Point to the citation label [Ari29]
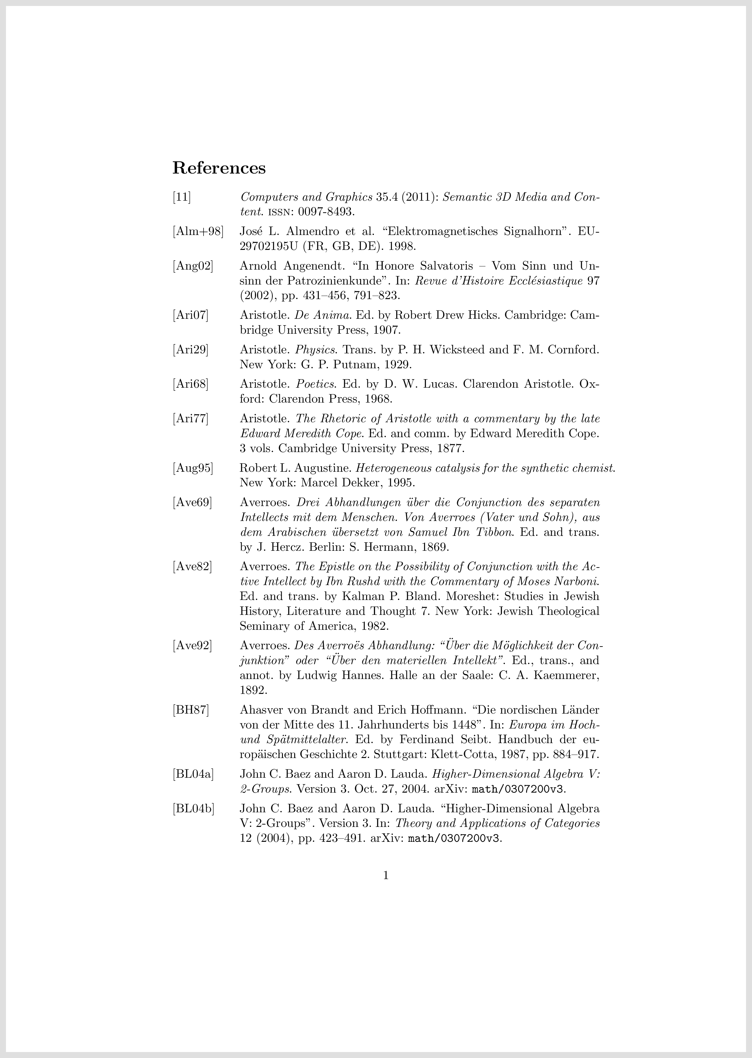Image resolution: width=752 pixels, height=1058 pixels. click(190, 350)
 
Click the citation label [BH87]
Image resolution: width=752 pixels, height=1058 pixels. click(191, 710)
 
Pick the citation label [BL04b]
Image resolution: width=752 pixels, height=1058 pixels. click(194, 809)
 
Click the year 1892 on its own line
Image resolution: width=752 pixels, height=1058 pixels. click(254, 690)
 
